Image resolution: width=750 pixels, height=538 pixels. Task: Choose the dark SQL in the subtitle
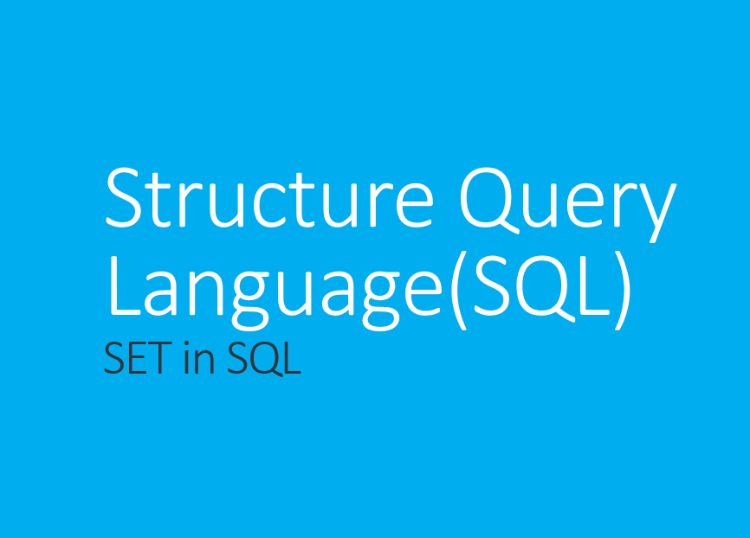pyautogui.click(x=264, y=359)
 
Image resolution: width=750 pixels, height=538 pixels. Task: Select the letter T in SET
pyautogui.click(x=162, y=359)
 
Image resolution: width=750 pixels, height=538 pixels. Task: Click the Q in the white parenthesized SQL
pyautogui.click(x=536, y=287)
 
